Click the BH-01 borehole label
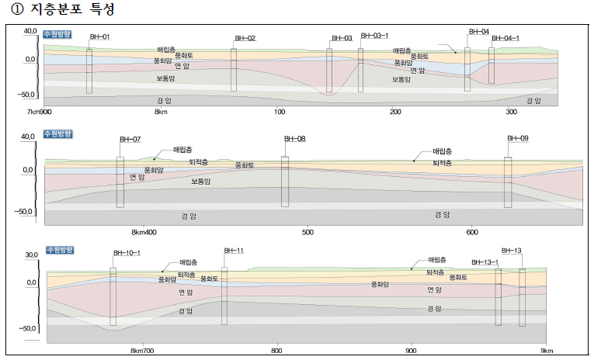pyautogui.click(x=100, y=36)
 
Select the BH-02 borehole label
pyautogui.click(x=245, y=38)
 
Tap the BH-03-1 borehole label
pyautogui.click(x=374, y=36)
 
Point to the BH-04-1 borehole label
pyautogui.click(x=505, y=38)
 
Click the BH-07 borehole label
pyautogui.click(x=130, y=139)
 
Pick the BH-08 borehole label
pyautogui.click(x=295, y=139)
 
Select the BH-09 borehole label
pyautogui.click(x=518, y=138)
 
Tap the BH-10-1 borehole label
pyautogui.click(x=127, y=252)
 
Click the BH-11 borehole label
pyautogui.click(x=234, y=251)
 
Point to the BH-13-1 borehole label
pyautogui.click(x=485, y=261)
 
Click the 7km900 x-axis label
pyautogui.click(x=40, y=112)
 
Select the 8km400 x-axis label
pyautogui.click(x=144, y=232)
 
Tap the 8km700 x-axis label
pyautogui.click(x=144, y=351)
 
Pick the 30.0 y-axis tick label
pyautogui.click(x=31, y=254)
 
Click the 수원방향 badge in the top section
pyautogui.click(x=57, y=34)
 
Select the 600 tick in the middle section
pyautogui.click(x=472, y=232)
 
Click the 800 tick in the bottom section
pyautogui.click(x=276, y=351)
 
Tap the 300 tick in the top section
pyautogui.click(x=511, y=112)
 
